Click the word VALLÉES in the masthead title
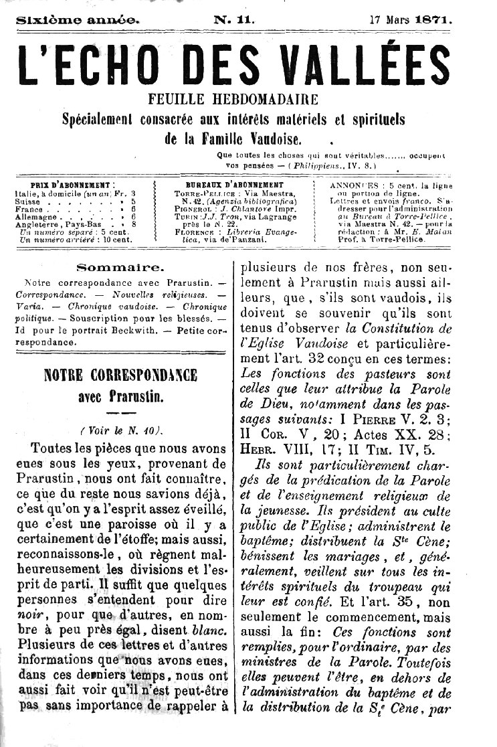[359, 66]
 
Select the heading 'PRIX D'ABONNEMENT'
[73, 184]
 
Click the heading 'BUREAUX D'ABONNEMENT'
[234, 184]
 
